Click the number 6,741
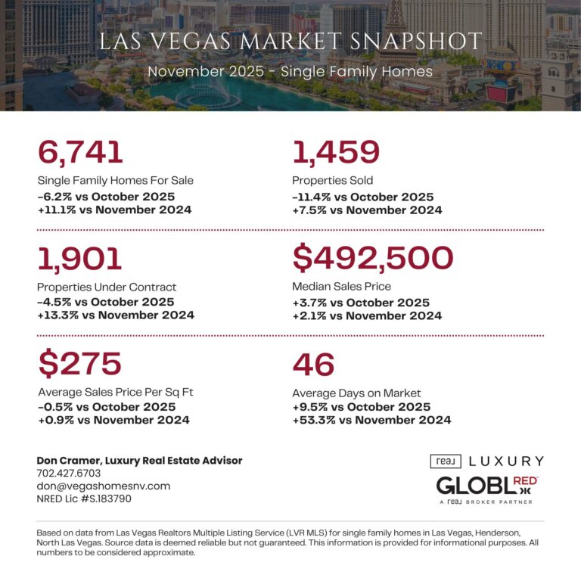(79, 152)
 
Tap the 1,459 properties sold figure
(336, 152)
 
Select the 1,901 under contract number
(79, 259)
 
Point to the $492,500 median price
(373, 259)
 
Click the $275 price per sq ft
(79, 364)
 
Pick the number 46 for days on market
(313, 364)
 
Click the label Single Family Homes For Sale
(115, 181)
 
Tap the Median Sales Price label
(341, 287)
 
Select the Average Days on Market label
(356, 393)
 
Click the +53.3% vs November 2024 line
(371, 420)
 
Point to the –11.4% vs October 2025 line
(363, 197)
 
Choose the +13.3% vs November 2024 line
(115, 315)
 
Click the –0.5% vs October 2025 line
(107, 406)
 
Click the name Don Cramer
(70, 460)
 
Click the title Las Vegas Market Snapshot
(290, 42)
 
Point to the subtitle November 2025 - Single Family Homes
(290, 72)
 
